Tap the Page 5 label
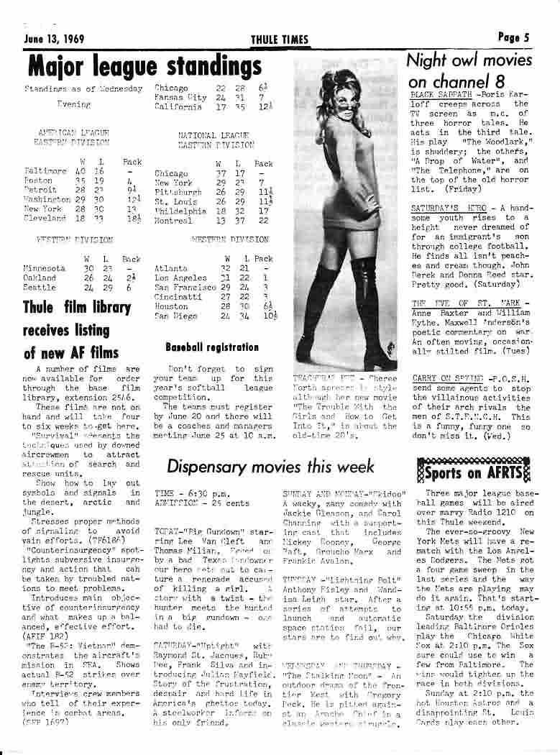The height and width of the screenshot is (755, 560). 513,37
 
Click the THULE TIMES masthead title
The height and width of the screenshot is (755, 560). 280,40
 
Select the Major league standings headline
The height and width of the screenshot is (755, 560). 144,67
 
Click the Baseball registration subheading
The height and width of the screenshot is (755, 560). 211,347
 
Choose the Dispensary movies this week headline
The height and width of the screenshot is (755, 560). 270,467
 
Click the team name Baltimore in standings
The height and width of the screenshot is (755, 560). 45,171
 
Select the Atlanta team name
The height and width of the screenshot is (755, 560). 170,268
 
